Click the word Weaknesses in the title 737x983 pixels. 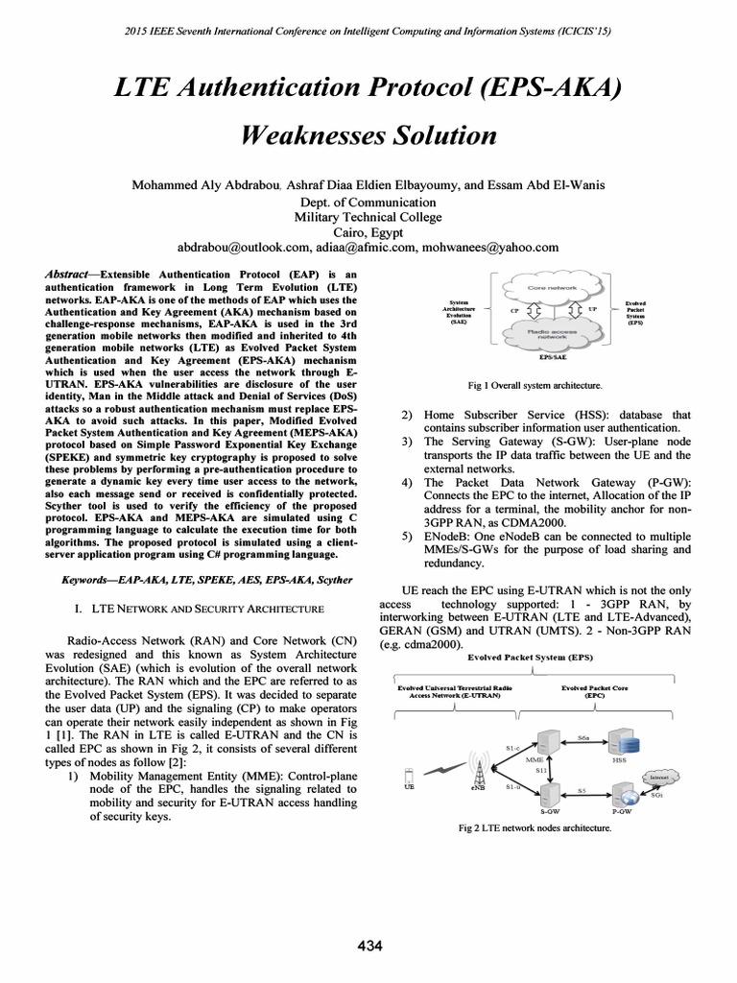[x=318, y=134]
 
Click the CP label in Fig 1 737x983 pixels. [x=514, y=310]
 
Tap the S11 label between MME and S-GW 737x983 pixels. [x=541, y=770]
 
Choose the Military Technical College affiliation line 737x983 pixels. [x=368, y=217]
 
